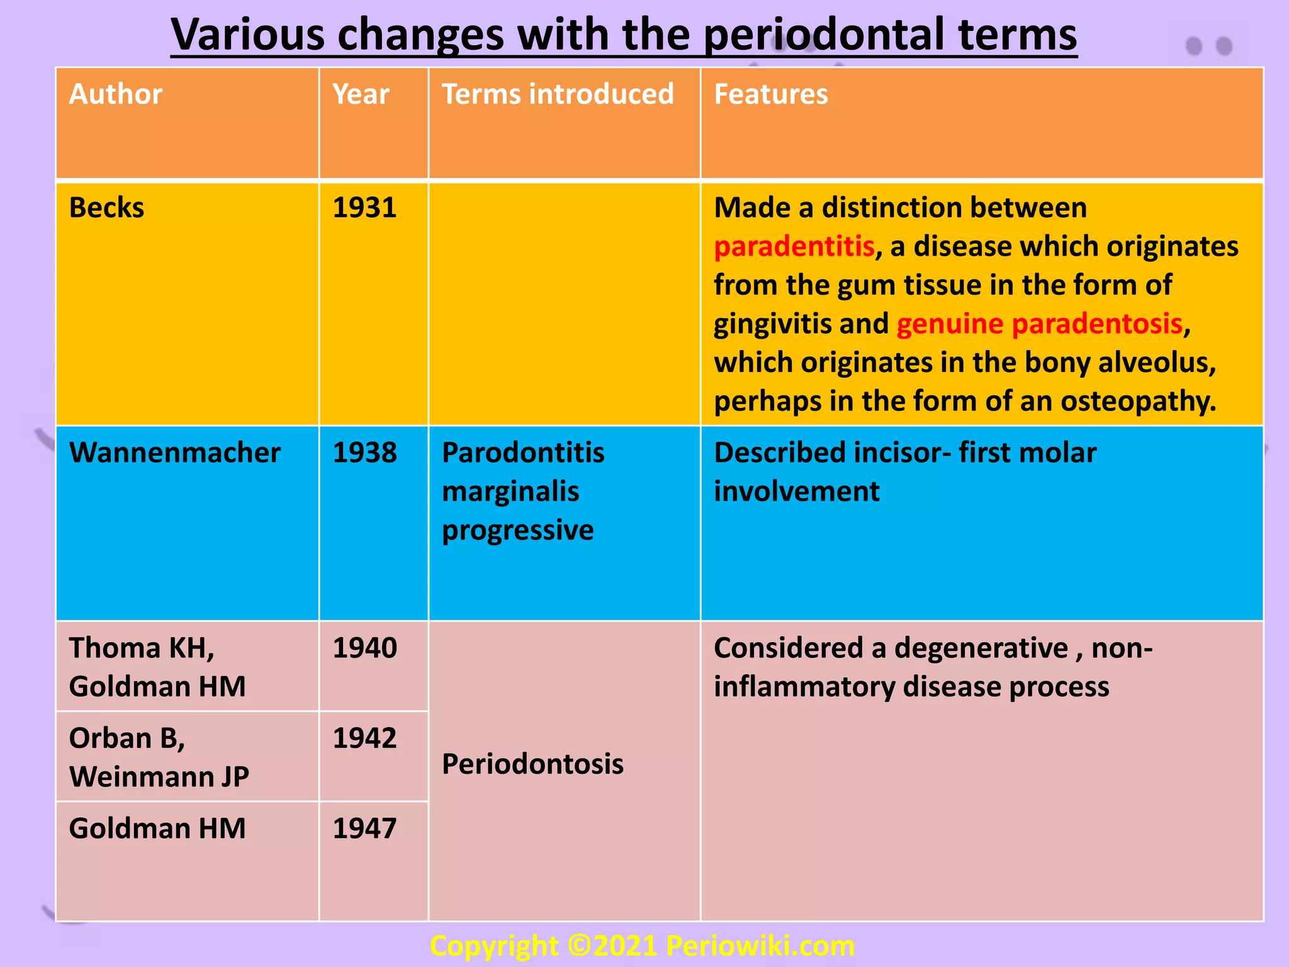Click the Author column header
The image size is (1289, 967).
pyautogui.click(x=116, y=94)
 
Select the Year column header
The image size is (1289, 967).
pyautogui.click(x=361, y=94)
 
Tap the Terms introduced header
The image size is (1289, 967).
pyautogui.click(x=558, y=94)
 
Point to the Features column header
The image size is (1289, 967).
pyautogui.click(x=770, y=94)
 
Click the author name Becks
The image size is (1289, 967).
pyautogui.click(x=106, y=208)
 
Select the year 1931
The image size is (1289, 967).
pyautogui.click(x=364, y=208)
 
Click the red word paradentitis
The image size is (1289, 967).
pyautogui.click(x=794, y=247)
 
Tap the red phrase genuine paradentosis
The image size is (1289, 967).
pyautogui.click(x=1039, y=324)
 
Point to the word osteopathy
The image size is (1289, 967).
pyautogui.click(x=1138, y=402)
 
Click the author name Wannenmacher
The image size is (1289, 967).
pyautogui.click(x=175, y=453)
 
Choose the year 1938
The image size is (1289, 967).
pyautogui.click(x=364, y=453)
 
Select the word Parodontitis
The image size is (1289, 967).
pyautogui.click(x=523, y=453)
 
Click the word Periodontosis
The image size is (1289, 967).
pyautogui.click(x=532, y=764)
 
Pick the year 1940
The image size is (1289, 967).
pyautogui.click(x=364, y=648)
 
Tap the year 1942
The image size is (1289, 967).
pyautogui.click(x=364, y=738)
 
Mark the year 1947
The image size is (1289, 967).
pyautogui.click(x=364, y=828)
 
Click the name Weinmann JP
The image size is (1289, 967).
pyautogui.click(x=159, y=777)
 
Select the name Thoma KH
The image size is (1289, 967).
pyautogui.click(x=142, y=648)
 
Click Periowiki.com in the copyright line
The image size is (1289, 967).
pyautogui.click(x=760, y=946)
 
